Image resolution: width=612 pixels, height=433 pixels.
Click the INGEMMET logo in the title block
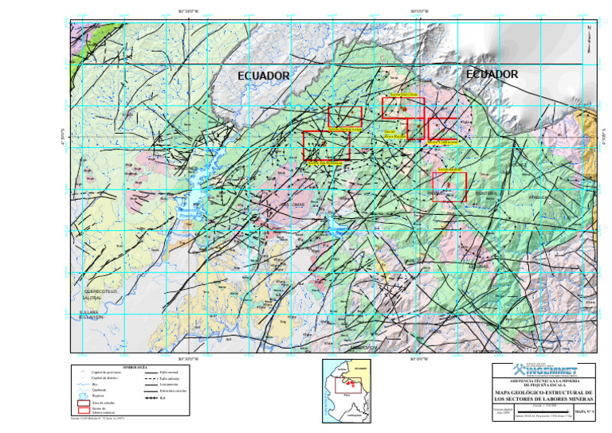[x=549, y=370]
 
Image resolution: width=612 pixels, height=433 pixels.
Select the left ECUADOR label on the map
[x=264, y=76]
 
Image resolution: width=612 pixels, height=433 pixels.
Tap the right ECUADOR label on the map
[x=492, y=74]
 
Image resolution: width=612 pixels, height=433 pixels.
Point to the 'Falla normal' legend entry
[x=159, y=373]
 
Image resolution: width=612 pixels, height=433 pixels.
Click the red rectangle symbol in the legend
[x=78, y=409]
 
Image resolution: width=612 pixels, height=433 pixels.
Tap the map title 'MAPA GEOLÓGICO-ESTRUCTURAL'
[x=543, y=392]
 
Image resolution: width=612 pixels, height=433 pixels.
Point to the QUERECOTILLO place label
[x=92, y=292]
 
